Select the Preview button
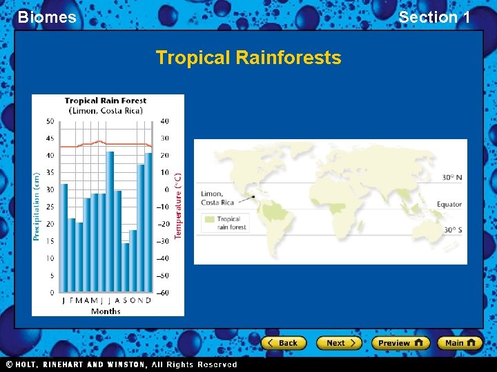pos(400,342)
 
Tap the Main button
pos(459,342)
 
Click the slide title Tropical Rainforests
pos(248,57)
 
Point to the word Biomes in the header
pos(47,17)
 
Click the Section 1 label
pos(434,17)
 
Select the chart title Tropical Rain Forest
pos(106,101)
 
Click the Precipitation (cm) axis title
pos(37,206)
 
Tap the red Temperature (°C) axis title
pos(178,206)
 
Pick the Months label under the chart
pos(106,311)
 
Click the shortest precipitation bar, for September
pos(126,268)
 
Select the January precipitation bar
pos(64,238)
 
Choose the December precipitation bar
pos(148,223)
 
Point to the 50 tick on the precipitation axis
pos(50,121)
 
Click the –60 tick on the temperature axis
pos(163,293)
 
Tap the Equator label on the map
pos(449,205)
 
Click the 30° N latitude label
pos(452,178)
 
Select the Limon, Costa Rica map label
pos(217,198)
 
